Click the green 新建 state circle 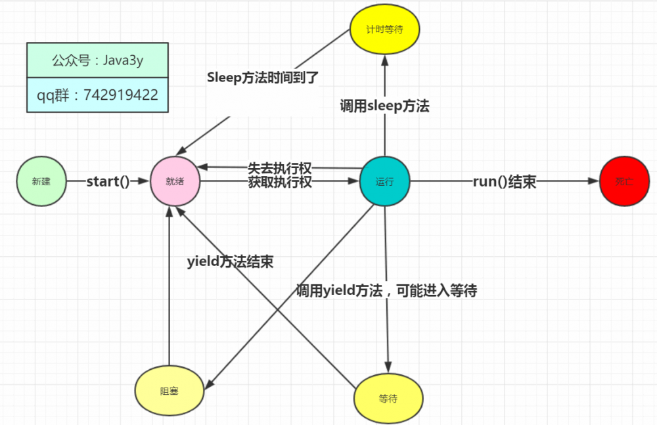tap(41, 182)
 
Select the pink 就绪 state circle tap(175, 182)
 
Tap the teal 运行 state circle tap(384, 182)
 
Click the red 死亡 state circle tap(624, 182)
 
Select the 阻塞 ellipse tap(169, 391)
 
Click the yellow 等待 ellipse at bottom tap(388, 399)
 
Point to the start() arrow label tap(108, 182)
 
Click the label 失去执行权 tap(280, 168)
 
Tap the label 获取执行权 tap(280, 183)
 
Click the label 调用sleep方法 tap(384, 106)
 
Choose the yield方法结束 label tap(230, 261)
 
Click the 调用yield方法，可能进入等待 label tap(386, 290)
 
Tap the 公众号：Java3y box tap(97, 61)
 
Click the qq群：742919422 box tap(97, 95)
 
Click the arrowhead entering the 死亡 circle tap(594, 182)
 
